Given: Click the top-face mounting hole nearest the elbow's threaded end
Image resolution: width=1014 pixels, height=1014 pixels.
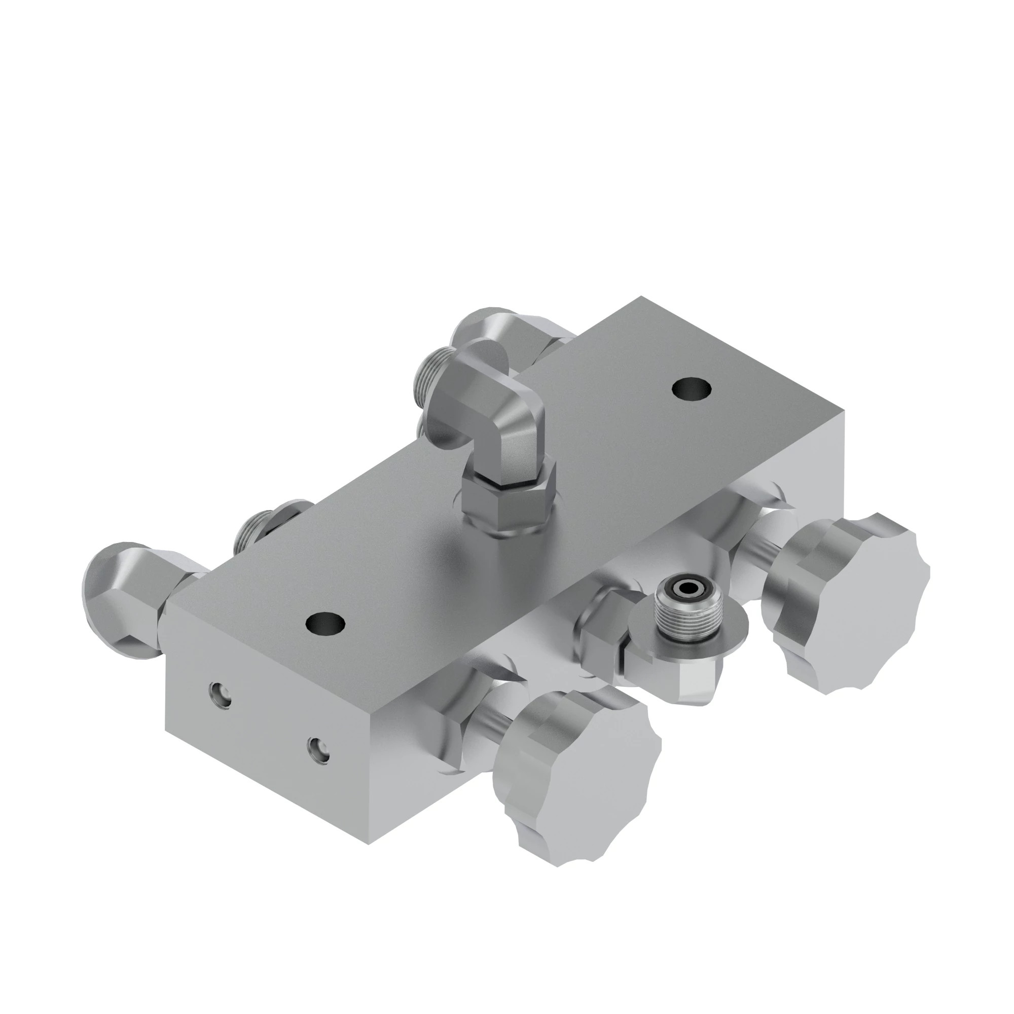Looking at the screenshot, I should (x=692, y=389).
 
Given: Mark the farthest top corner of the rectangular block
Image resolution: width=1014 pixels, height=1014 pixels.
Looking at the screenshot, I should (x=641, y=298).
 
